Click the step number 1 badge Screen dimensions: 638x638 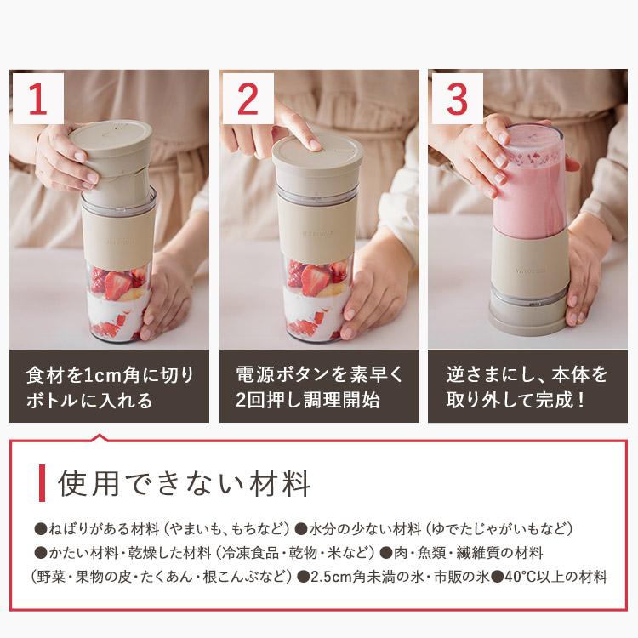click(37, 100)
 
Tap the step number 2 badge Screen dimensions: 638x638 click(247, 100)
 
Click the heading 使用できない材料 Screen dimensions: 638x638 click(184, 484)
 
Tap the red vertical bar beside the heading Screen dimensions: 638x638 click(42, 484)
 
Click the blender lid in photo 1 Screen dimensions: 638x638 click(110, 140)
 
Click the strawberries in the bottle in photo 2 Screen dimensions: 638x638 click(315, 276)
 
